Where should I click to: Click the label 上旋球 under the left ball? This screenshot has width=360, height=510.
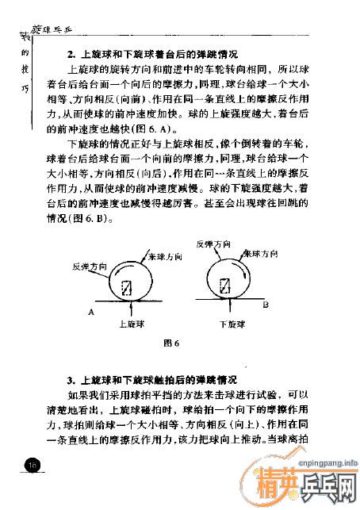[x=131, y=324]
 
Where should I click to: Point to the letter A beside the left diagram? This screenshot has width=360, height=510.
[x=92, y=313]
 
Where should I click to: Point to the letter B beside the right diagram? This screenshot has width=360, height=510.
[x=266, y=304]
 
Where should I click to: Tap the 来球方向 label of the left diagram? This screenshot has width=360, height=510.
[x=166, y=258]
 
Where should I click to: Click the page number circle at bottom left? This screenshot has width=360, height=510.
[x=32, y=465]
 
